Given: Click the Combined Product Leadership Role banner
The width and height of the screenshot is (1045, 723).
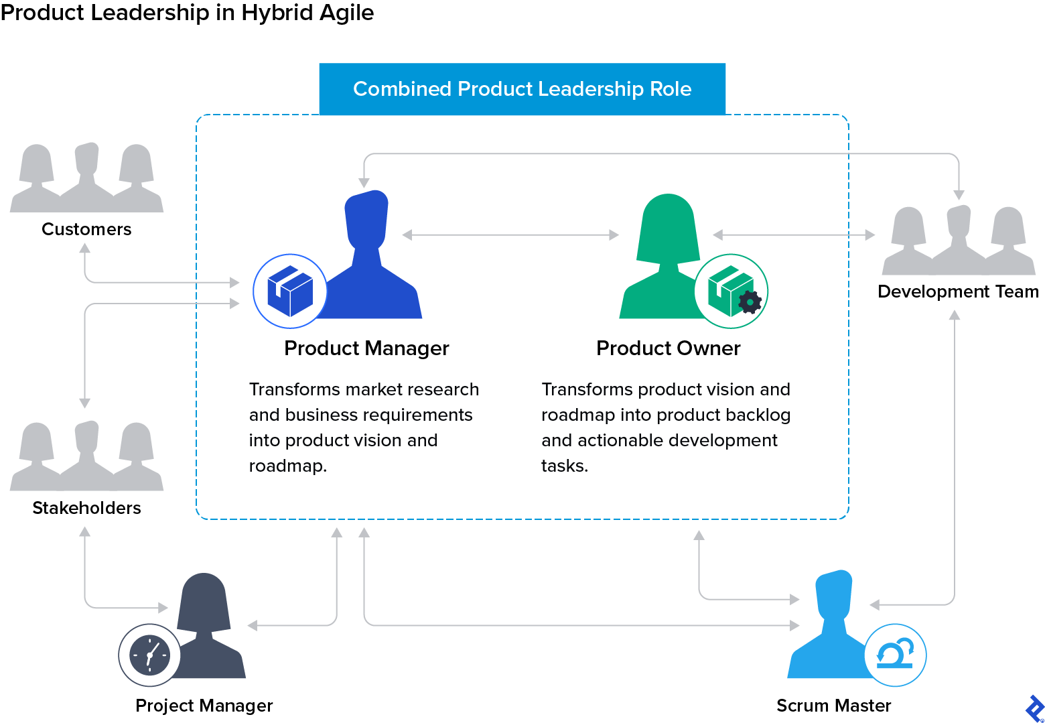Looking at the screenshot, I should (x=522, y=89).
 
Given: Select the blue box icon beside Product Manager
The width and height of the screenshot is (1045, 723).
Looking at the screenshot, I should (x=290, y=291).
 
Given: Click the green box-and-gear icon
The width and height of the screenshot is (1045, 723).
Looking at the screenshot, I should (x=731, y=291).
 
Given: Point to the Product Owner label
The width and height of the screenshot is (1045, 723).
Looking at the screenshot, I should (x=668, y=348).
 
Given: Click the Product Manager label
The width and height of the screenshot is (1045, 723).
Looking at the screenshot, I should (x=366, y=348).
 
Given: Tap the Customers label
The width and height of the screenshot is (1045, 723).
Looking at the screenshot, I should (x=86, y=229).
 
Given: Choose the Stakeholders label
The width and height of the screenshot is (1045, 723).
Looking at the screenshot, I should (x=86, y=508).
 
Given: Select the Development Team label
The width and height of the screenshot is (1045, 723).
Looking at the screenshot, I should (x=958, y=291).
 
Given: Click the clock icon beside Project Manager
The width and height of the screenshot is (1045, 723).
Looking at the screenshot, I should (x=149, y=655).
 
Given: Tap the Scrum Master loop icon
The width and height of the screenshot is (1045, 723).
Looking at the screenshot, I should (x=895, y=655).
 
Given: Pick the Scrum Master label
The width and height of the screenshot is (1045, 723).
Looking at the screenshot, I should (x=833, y=706).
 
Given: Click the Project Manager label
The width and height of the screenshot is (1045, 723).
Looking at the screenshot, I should (x=204, y=706).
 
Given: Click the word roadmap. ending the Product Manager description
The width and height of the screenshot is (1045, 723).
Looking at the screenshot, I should (x=288, y=466).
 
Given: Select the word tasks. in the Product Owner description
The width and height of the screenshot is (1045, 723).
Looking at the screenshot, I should (x=565, y=466).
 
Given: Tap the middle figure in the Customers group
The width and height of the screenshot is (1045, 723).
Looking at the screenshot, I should (x=87, y=171).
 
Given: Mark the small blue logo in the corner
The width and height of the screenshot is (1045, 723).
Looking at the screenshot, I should (x=1035, y=708).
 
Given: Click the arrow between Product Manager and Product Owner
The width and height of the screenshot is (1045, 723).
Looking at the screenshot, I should (x=510, y=235).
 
